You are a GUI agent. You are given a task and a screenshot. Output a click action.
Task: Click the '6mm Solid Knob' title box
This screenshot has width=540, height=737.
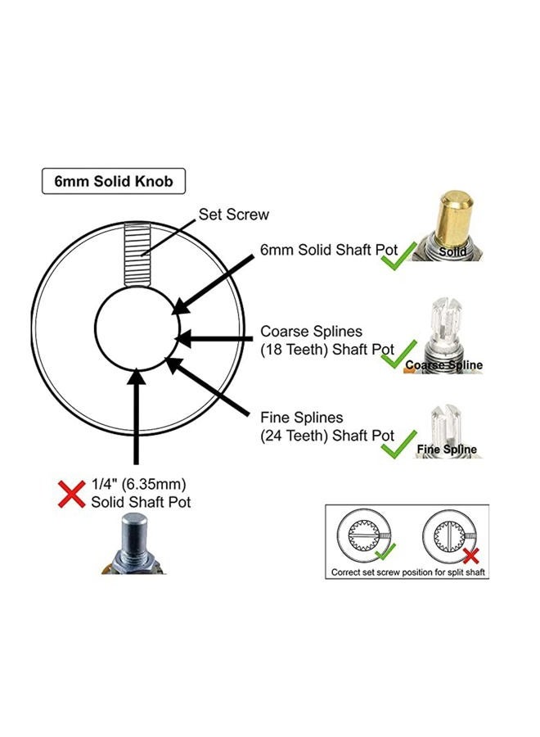coord(114,182)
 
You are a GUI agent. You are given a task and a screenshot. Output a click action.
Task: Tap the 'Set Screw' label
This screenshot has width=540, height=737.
coord(233,215)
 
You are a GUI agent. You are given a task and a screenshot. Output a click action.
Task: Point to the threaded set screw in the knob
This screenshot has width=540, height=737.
coord(137,255)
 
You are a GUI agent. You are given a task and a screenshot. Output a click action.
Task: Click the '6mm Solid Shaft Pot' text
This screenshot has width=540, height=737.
coord(329,250)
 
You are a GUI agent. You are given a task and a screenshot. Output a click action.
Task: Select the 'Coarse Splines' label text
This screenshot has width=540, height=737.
coord(312,332)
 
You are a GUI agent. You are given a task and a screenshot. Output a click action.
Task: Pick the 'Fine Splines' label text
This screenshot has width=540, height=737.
coord(301,418)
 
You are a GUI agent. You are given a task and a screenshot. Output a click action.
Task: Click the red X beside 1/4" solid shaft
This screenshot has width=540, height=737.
coord(71,494)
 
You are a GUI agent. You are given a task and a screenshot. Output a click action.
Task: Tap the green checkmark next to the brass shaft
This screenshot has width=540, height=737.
coord(398,255)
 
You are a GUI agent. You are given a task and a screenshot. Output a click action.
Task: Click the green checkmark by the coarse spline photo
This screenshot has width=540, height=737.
coord(398,354)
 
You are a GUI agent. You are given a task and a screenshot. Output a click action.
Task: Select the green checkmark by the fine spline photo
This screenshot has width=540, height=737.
coord(398,444)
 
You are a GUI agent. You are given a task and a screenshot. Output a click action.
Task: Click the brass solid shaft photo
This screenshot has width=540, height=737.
coord(448,226)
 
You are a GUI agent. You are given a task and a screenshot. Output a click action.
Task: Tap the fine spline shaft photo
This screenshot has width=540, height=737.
coord(448,430)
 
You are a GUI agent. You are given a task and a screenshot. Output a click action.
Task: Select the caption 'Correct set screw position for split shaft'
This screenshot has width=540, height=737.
coord(407,572)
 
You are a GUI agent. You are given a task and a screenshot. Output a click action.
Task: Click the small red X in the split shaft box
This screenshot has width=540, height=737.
coord(470,555)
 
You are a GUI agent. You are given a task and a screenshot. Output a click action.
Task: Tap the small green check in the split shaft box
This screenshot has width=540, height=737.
coord(385,551)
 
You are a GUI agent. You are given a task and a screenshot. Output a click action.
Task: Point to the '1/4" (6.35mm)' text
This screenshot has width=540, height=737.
coord(138,484)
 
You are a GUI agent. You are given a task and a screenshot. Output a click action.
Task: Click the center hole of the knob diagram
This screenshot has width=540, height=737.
coord(137,329)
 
